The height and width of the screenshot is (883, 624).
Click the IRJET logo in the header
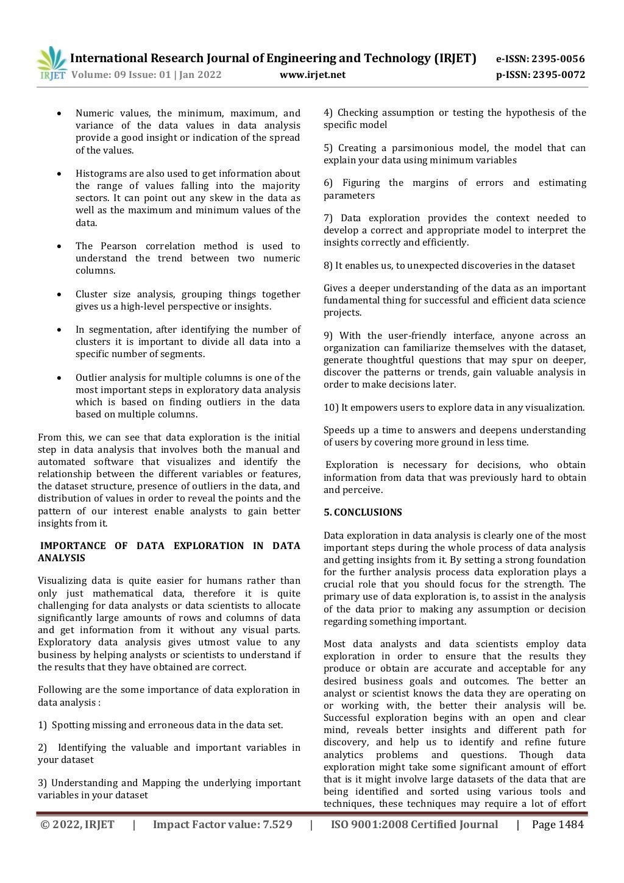tap(51, 63)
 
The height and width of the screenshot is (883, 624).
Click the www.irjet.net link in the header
tap(312, 75)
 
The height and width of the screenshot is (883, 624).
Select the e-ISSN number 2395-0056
tap(558, 59)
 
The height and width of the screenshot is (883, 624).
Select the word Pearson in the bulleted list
tap(118, 246)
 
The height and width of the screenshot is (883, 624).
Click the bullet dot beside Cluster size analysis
tap(59, 294)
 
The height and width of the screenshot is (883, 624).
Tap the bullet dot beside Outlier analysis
tap(59, 378)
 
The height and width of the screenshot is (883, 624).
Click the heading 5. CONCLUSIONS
tap(363, 512)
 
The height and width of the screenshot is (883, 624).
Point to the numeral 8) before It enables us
tap(328, 266)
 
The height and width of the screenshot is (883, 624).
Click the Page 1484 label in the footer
tap(558, 824)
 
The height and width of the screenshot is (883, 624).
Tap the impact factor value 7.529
tap(277, 824)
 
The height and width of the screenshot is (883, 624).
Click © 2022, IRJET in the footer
tap(77, 824)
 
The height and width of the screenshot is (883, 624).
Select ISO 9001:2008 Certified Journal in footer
tap(414, 824)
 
